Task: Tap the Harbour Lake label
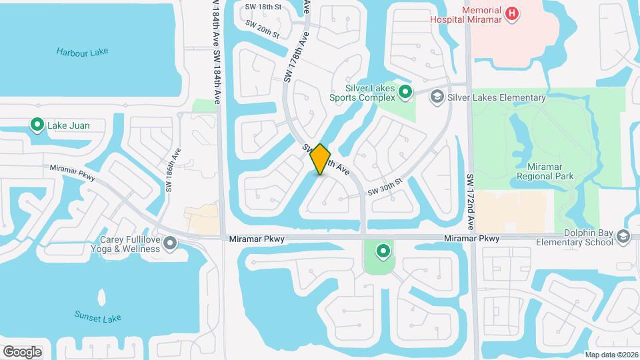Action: [82, 52]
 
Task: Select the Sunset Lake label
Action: [97, 318]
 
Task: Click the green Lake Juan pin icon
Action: [37, 125]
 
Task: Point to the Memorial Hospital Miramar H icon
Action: [512, 13]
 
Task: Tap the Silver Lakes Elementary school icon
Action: [437, 97]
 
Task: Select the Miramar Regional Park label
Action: [545, 171]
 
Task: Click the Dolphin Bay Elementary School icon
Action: [623, 237]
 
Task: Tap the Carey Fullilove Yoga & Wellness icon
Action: [171, 244]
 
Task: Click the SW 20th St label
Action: [261, 29]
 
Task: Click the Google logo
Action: [22, 351]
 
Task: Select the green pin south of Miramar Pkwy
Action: [383, 251]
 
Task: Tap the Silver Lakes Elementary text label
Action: [497, 98]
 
